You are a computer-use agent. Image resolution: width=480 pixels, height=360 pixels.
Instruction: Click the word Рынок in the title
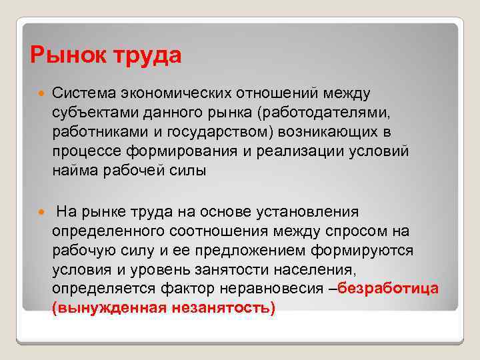[63, 55]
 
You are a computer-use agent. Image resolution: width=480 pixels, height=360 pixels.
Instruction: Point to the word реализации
[287, 151]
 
